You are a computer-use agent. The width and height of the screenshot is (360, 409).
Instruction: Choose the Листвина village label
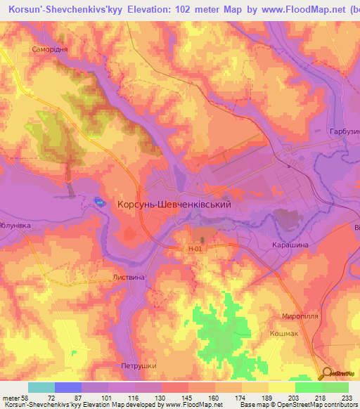(129, 278)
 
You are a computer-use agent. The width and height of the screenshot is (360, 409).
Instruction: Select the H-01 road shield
(195, 249)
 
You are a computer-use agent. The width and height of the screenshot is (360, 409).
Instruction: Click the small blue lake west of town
(99, 203)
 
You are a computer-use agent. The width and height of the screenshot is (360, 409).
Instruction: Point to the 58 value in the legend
(25, 398)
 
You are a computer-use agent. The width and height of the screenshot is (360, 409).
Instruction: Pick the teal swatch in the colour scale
(41, 387)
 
